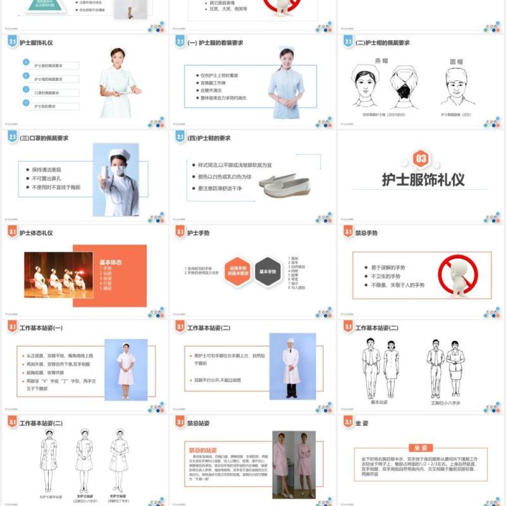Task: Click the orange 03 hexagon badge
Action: [422, 157]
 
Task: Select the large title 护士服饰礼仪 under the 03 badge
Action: [423, 180]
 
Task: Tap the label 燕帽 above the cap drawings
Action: [381, 61]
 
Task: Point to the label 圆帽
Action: [456, 62]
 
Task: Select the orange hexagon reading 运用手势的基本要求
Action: [238, 271]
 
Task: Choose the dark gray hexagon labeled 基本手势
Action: [268, 271]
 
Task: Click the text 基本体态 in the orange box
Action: [111, 262]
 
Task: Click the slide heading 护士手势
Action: [199, 233]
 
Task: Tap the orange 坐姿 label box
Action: [422, 448]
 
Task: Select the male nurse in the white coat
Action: [292, 367]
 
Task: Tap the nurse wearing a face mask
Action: [117, 180]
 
